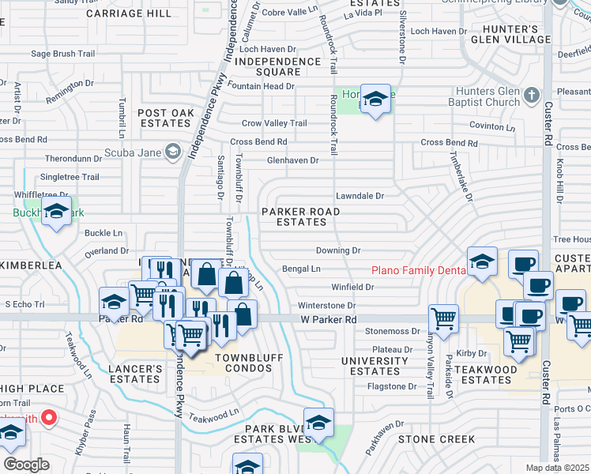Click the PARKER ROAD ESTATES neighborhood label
300,217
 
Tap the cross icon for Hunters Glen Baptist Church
533,96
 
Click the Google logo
26,465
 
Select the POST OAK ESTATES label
166,118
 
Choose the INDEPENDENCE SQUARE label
278,66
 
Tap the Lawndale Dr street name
359,195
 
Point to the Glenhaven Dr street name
292,160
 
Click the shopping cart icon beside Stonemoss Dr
443,320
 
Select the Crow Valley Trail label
274,123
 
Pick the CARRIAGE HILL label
139,14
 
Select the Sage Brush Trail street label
62,54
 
